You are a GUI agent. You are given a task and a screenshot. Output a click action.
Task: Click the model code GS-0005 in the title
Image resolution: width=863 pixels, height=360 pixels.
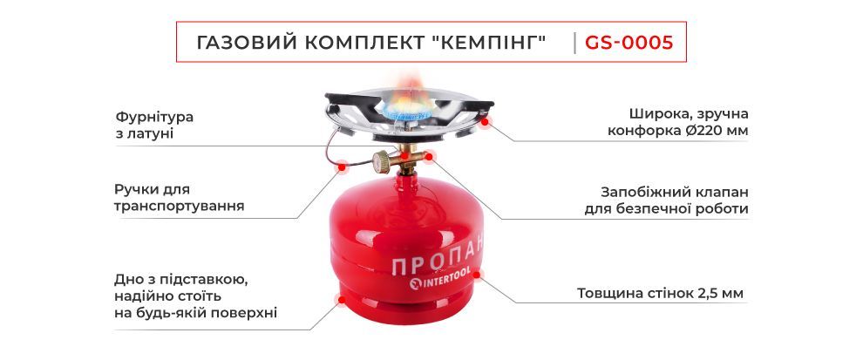coord(629,43)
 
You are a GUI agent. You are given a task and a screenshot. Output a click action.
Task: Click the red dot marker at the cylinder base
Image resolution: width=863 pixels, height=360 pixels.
coord(341,300)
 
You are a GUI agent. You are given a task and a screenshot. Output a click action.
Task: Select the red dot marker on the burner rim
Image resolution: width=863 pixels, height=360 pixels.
coord(485,122)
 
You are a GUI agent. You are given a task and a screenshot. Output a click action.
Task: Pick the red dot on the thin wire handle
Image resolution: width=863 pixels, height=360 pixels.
coord(342,165)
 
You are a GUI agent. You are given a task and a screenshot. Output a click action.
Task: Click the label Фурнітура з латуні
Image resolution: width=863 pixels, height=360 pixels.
coord(154,125)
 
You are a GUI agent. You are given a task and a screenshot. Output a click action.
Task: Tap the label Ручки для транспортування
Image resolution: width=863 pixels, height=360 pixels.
coord(180,198)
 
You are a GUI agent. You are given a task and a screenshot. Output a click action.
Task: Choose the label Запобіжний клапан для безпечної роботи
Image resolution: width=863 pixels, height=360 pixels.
coord(667,200)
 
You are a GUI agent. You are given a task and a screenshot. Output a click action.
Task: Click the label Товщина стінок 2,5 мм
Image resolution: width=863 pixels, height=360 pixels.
coord(661,294)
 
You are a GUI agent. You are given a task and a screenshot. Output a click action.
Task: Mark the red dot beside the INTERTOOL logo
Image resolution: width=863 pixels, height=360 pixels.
coord(477,274)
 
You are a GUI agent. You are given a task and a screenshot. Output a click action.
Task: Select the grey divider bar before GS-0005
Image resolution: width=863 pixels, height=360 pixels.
coord(574,43)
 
